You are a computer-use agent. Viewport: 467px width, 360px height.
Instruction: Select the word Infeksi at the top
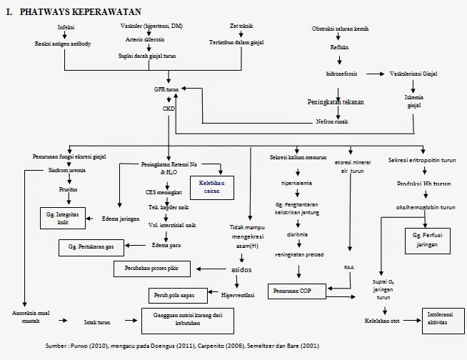(x=66, y=27)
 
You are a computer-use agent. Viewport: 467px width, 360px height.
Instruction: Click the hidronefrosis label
(x=341, y=74)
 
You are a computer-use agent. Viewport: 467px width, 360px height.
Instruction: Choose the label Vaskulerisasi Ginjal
(x=417, y=74)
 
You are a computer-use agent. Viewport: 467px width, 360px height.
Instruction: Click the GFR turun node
(x=167, y=91)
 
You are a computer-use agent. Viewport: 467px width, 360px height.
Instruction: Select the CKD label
(x=169, y=109)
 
